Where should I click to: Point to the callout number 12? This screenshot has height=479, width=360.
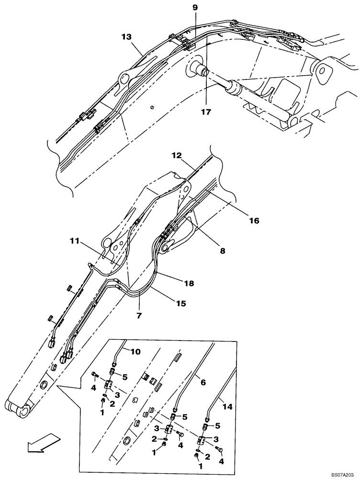[177, 156]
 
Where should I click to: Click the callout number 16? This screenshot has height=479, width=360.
[254, 221]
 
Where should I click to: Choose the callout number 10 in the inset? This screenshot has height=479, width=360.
[135, 352]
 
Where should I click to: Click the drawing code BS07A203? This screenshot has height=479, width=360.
[342, 473]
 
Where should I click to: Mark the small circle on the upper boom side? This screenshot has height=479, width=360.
[152, 108]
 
